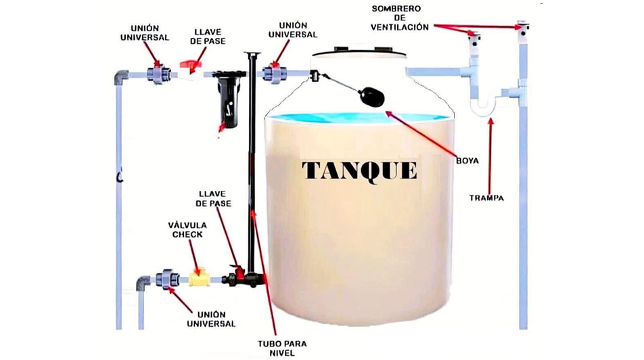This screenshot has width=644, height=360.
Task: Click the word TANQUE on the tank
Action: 359,170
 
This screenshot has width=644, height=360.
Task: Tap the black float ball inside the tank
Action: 371,96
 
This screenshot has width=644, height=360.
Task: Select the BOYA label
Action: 467,161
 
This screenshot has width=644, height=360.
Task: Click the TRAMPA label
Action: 486,198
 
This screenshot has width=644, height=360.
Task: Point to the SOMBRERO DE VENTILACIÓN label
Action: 399,18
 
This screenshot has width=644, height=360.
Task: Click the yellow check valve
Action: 200,277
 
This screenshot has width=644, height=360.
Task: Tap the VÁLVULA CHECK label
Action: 187,229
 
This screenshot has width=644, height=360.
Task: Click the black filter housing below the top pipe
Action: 228,102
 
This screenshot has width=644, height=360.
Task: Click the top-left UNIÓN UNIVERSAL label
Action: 145,33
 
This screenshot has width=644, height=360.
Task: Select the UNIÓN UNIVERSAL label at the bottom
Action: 216,319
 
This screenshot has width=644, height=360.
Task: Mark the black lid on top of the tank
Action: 359,49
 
